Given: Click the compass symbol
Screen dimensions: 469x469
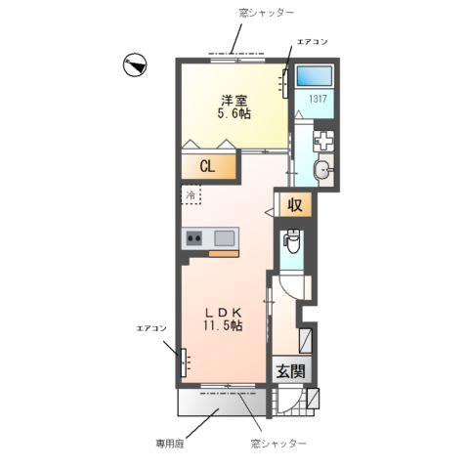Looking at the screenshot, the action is coord(135,64).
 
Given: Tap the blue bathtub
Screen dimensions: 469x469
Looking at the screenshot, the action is coord(315,76).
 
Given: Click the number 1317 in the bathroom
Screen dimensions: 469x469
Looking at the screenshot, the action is coord(318,99).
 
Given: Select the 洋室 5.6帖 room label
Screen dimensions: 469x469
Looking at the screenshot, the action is coord(234,107).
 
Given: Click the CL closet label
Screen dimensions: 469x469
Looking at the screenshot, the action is coord(207,167).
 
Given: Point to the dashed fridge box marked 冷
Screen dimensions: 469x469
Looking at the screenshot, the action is coord(192,194).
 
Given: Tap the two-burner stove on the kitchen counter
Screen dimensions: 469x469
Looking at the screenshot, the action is coord(193,238).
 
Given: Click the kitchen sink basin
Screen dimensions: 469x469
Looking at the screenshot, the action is coord(224,238).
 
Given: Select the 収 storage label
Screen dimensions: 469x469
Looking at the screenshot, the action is coord(295,205).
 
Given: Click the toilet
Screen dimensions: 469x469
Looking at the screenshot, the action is coord(292,241).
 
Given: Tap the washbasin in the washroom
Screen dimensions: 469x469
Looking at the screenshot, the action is coord(323,170).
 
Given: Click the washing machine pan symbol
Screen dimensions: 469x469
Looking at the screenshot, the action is coord(323,141).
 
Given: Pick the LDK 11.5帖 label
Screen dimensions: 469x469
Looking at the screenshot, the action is coord(224,320).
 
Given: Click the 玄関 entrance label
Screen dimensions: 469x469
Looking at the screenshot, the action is coord(291,371).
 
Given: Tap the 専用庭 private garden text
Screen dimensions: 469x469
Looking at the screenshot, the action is coord(170,444).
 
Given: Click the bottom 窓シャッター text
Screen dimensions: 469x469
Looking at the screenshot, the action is coord(278,444).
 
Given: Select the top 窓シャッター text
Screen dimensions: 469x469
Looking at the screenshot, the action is coord(266,13).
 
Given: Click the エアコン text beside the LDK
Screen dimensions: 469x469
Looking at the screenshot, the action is coord(151,328).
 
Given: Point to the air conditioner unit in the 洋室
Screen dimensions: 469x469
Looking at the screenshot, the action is coord(285,84).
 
